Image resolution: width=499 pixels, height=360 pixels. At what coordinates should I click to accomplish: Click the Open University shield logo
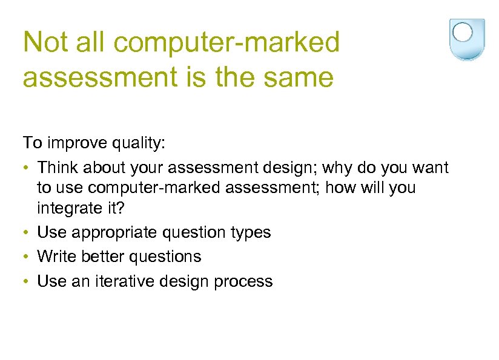[466, 39]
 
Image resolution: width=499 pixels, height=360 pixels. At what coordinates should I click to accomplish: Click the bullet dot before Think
[27, 167]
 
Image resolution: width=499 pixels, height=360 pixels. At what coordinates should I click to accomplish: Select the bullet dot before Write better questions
[27, 257]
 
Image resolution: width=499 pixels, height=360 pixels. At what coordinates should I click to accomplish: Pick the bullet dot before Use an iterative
[27, 282]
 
